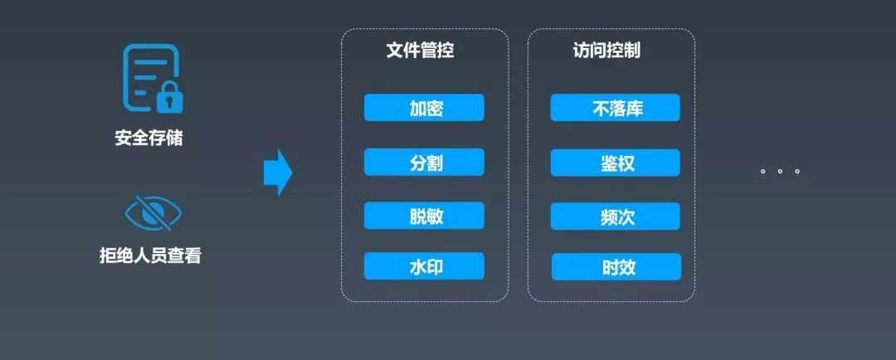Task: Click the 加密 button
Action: point(424,108)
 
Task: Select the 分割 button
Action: point(424,163)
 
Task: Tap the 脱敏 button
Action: point(424,216)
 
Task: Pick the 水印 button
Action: point(424,266)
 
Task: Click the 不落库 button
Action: point(615,108)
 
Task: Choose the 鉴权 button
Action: point(615,163)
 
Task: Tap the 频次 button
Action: point(615,216)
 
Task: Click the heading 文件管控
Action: point(420,51)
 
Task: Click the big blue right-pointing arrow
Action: point(278,173)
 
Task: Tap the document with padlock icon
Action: point(152,78)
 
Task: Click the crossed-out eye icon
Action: point(153,214)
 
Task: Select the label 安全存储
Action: point(149,138)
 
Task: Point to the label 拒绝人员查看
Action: point(150,255)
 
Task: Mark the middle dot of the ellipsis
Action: point(780,172)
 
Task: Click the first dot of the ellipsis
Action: point(762,172)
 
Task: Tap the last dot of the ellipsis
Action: point(797,172)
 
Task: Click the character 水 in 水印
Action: point(416,266)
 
